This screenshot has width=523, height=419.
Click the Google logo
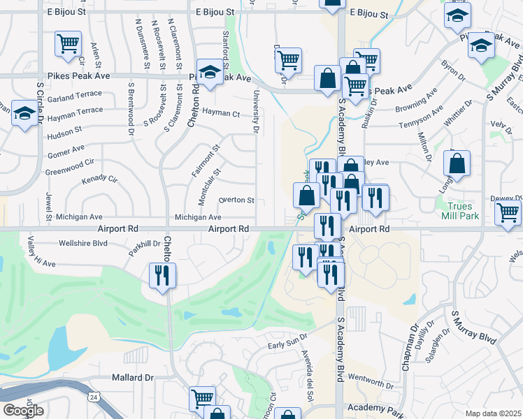point(23,411)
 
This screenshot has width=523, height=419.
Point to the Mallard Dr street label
point(132,378)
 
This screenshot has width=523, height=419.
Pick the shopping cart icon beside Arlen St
point(69,44)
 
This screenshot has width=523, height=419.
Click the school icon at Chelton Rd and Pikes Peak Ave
point(209,71)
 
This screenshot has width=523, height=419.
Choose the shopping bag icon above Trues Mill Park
point(457,163)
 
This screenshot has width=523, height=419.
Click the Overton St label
point(236,200)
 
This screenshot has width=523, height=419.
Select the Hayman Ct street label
point(220,112)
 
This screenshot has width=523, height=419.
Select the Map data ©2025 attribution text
point(492,413)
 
